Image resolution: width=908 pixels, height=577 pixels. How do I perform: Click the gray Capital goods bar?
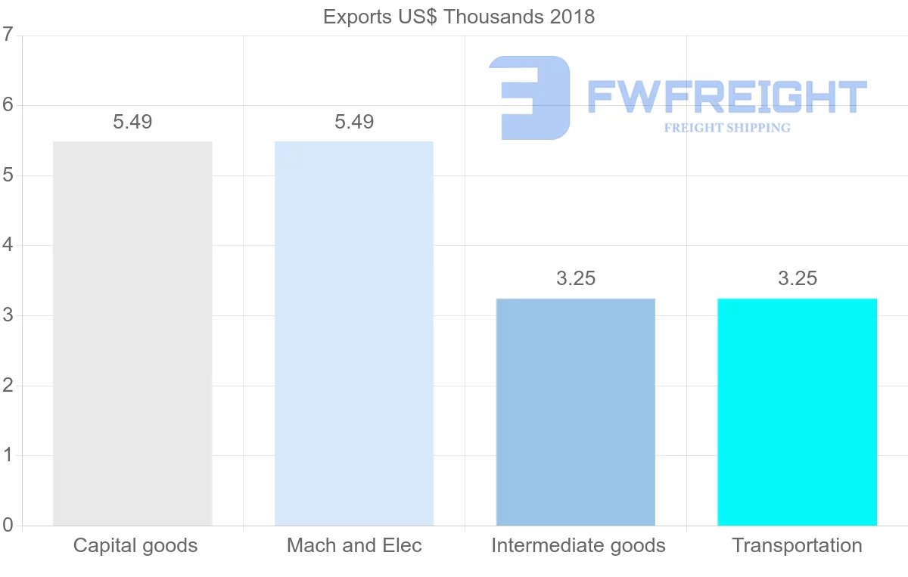point(132,333)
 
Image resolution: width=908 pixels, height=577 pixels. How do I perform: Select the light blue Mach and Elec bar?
point(354,333)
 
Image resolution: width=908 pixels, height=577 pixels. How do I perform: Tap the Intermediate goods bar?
point(576,412)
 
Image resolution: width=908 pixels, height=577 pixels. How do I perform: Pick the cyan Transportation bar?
point(798,412)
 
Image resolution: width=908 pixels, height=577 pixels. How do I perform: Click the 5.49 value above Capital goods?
point(132,122)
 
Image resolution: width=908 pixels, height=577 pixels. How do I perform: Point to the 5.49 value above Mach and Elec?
point(354,122)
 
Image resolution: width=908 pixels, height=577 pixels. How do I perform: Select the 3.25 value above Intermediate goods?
point(576,278)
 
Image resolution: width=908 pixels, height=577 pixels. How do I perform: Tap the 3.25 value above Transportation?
point(798,278)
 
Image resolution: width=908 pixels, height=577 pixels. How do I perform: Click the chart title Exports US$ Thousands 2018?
point(459,17)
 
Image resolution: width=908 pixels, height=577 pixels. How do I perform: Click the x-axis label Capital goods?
point(135,545)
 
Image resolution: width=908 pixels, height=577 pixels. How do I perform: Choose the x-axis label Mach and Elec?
point(354,545)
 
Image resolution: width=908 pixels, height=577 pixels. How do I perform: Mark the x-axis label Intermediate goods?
point(578,545)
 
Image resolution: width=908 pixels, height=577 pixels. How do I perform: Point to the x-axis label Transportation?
point(797,545)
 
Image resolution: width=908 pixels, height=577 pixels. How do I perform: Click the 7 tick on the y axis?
point(8,35)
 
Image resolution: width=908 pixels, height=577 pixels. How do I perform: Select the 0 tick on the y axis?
point(8,526)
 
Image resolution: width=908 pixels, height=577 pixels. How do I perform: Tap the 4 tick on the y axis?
point(8,245)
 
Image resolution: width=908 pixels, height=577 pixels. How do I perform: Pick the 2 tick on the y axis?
point(8,386)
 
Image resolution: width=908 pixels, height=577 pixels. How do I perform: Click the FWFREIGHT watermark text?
point(726,97)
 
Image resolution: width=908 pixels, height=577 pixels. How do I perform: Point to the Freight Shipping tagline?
point(726,128)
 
